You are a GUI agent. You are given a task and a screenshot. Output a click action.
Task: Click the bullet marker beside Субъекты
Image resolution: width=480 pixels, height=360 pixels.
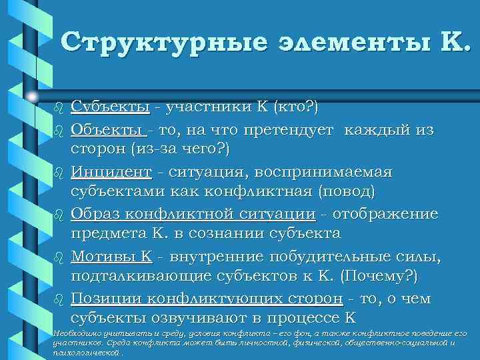57,107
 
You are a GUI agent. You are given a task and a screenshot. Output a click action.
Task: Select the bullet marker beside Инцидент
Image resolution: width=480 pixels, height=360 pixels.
57,173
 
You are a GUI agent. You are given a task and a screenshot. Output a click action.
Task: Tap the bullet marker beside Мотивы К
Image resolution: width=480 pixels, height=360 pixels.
57,257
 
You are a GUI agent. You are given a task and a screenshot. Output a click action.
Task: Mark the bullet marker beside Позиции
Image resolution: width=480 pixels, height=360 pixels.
57,300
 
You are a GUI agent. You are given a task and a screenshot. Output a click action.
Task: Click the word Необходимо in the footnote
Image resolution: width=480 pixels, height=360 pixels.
75,333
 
